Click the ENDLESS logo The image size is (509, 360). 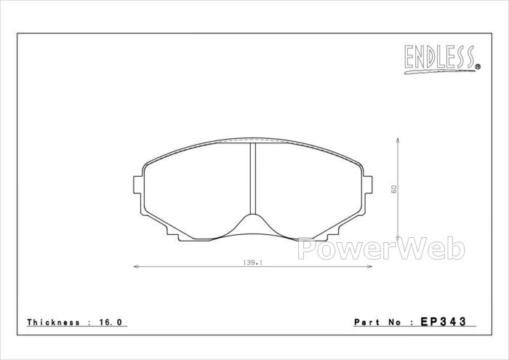tap(442, 60)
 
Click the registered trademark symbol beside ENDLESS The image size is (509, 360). tap(478, 67)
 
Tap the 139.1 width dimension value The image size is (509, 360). tap(252, 263)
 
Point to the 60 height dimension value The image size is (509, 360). tap(394, 189)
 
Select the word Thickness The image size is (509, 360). tap(53, 322)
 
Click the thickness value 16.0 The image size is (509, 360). tap(111, 322)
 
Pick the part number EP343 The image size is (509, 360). tap(444, 321)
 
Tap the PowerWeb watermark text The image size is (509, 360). tap(382, 249)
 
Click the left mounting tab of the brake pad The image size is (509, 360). tap(138, 185)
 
